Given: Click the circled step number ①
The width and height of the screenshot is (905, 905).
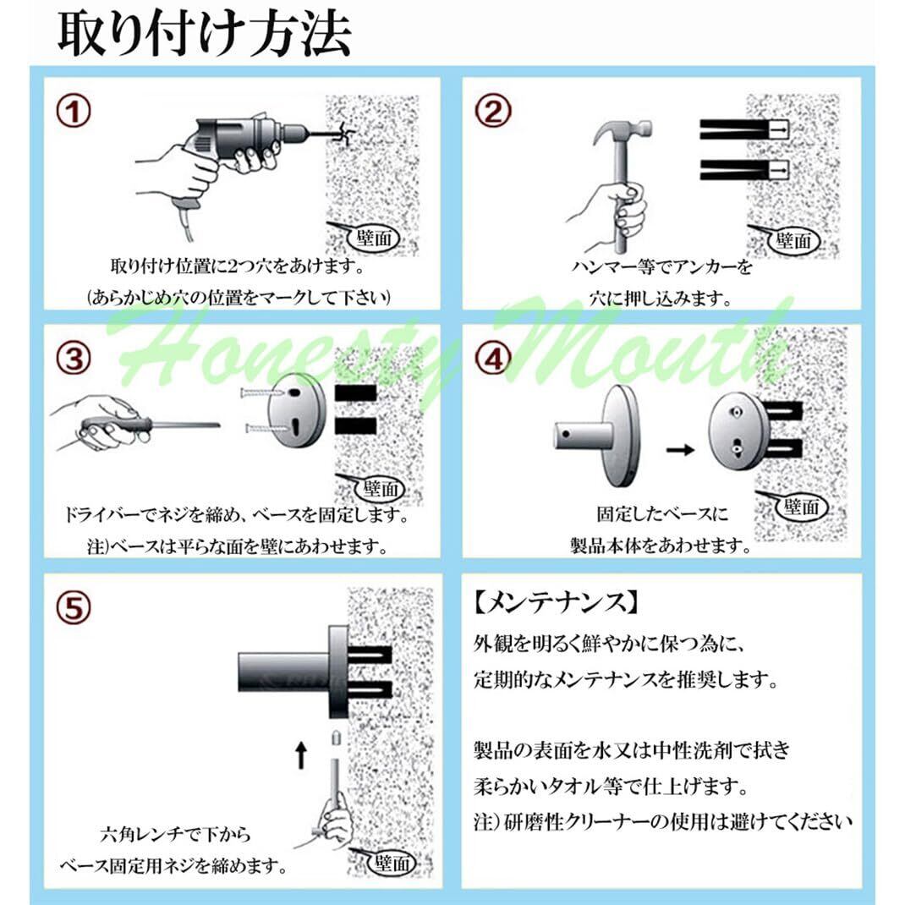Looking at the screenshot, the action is click(74, 112).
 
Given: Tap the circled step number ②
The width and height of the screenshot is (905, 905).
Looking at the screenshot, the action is click(492, 112).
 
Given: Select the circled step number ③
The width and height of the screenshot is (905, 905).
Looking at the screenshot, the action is click(74, 358).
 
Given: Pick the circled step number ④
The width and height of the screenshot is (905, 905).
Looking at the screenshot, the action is click(492, 358).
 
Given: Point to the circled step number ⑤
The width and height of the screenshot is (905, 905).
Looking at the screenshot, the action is click(74, 607).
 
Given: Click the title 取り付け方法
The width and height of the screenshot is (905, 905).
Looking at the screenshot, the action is click(205, 34).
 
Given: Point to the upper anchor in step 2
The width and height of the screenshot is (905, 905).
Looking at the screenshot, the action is click(744, 130).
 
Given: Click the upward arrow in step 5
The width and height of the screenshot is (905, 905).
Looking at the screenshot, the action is click(301, 755).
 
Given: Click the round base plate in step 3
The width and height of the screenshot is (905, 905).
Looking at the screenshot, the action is click(296, 412).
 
